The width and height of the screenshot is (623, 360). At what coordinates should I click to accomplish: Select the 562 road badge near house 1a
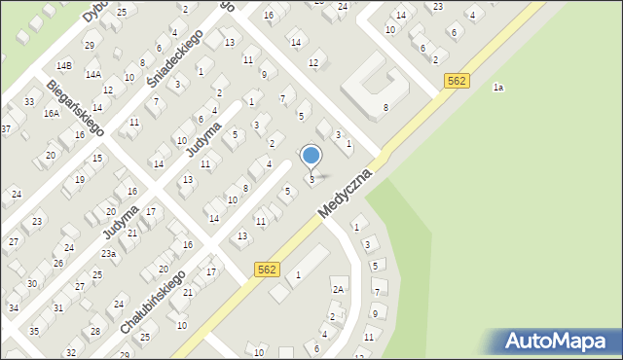tap(458, 82)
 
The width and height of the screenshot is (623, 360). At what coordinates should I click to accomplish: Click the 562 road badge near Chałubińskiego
tap(269, 269)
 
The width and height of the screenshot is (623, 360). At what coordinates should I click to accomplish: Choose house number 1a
tap(497, 88)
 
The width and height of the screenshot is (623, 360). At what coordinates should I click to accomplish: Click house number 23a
tap(108, 254)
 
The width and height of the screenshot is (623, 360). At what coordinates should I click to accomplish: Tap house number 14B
tap(64, 65)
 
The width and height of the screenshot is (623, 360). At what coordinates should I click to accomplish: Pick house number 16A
tap(51, 113)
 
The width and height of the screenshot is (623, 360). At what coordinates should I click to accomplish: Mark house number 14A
tap(93, 74)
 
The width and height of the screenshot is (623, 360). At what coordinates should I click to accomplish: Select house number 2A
tap(339, 289)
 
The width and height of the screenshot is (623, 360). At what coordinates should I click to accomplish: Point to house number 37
tap(6, 129)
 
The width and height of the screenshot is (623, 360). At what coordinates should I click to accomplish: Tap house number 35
tap(34, 331)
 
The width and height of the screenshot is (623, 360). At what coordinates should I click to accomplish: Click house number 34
tap(13, 307)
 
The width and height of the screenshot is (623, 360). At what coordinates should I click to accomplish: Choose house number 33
tap(29, 102)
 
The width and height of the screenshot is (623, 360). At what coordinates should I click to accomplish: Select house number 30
tap(32, 284)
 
